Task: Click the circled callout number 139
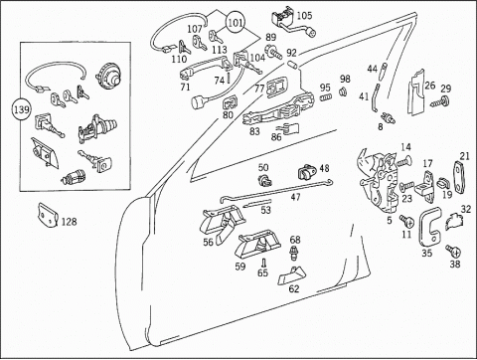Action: click(x=22, y=109)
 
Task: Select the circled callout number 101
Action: click(x=236, y=23)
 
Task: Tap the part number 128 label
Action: click(x=69, y=222)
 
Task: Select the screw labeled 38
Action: click(x=453, y=251)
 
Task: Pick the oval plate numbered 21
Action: click(x=458, y=177)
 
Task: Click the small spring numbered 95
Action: click(x=326, y=97)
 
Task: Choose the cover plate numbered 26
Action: click(x=416, y=92)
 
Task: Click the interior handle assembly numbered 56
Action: click(x=222, y=223)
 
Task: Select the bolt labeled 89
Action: click(x=273, y=52)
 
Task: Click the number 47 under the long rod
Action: click(x=295, y=197)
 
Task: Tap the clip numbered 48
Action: click(x=307, y=172)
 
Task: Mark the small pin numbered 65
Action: click(x=263, y=263)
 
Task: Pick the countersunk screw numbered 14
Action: click(x=403, y=161)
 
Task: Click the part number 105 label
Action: click(x=304, y=15)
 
